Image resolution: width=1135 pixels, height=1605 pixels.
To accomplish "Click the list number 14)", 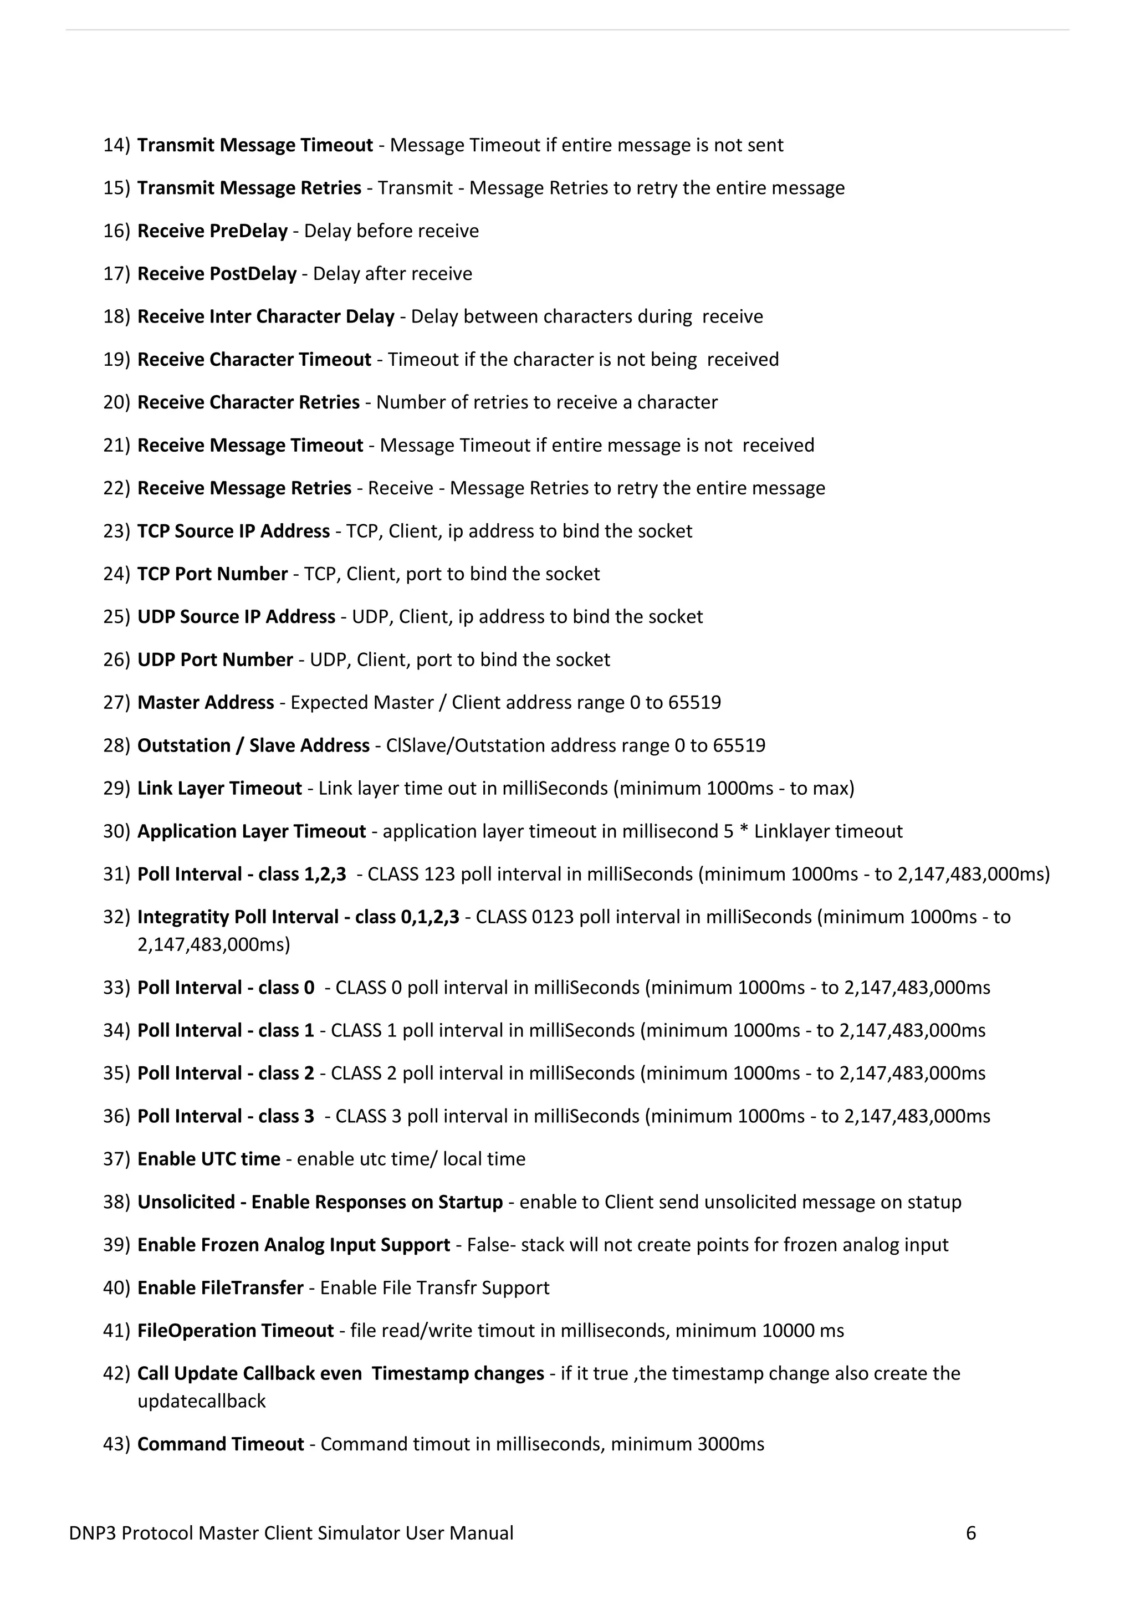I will [x=116, y=145].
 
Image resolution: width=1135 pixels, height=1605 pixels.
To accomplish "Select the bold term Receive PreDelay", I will [x=212, y=231].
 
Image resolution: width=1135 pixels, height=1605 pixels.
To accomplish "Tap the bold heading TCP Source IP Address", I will [x=233, y=531].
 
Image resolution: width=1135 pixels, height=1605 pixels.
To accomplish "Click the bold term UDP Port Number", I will [x=215, y=660].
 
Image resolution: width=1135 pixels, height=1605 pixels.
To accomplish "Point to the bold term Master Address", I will [x=206, y=703].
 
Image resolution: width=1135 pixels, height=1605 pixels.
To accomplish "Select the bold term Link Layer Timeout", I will [x=219, y=789].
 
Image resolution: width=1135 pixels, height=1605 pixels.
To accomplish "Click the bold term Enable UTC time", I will [x=208, y=1159].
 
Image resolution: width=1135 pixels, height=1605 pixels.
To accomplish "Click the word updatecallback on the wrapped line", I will [x=201, y=1402].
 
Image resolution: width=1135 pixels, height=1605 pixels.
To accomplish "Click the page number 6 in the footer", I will [x=971, y=1534].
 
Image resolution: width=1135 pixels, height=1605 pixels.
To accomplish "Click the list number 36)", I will [x=116, y=1116].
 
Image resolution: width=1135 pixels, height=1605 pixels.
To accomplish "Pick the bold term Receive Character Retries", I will [x=248, y=403].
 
